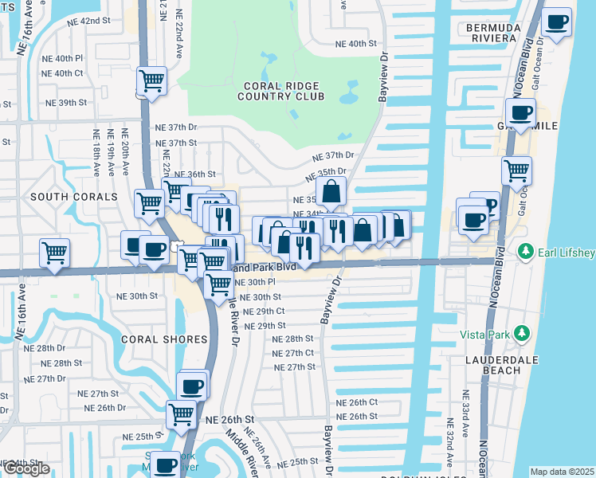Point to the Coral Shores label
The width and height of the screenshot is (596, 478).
pyautogui.click(x=163, y=339)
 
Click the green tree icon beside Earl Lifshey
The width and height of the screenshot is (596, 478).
pyautogui.click(x=525, y=252)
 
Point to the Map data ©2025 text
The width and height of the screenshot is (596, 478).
pyautogui.click(x=562, y=472)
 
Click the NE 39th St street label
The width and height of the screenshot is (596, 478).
pyautogui.click(x=66, y=103)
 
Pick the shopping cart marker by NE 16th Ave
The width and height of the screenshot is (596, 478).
pyautogui.click(x=54, y=253)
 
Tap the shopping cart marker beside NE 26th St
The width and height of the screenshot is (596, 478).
pyautogui.click(x=181, y=413)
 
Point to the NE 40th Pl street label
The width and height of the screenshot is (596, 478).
pyautogui.click(x=63, y=58)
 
